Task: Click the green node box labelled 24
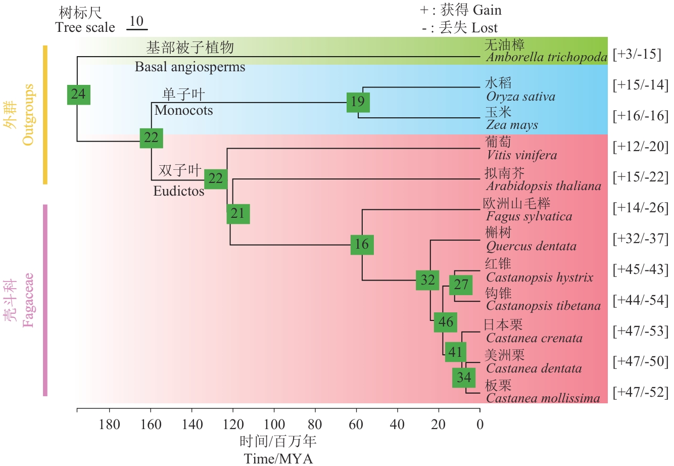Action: [78, 94]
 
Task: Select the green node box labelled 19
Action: [358, 102]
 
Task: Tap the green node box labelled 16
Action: [362, 245]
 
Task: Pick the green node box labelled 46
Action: [445, 322]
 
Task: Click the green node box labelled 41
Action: [455, 352]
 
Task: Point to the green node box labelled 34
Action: [464, 377]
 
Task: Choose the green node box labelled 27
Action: [461, 285]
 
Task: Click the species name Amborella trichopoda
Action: [547, 57]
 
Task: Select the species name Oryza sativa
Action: [520, 97]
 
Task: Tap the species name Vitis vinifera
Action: [521, 155]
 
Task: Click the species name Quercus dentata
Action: [531, 246]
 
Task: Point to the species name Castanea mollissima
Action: [543, 398]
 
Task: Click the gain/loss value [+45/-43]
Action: [640, 269]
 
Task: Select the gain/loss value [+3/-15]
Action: [637, 54]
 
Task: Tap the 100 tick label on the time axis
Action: [274, 425]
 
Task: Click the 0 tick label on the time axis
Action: [480, 425]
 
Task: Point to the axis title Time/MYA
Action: [278, 458]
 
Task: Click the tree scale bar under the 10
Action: [136, 29]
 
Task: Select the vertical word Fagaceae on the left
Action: [28, 300]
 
